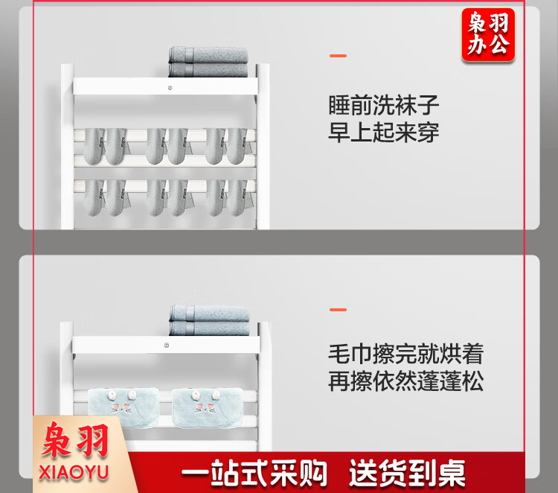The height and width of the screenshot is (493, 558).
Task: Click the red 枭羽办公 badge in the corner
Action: point(488,35)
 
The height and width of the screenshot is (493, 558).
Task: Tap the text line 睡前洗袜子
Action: point(383,105)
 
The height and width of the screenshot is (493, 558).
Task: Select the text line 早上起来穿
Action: point(383,132)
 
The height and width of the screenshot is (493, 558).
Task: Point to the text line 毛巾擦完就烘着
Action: point(405,354)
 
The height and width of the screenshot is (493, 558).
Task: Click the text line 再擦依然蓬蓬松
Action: point(405,381)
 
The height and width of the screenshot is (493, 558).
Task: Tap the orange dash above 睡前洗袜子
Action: point(338,56)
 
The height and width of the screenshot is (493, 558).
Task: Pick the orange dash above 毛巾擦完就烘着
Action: point(338,310)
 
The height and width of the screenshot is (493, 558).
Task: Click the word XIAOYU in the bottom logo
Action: point(74,472)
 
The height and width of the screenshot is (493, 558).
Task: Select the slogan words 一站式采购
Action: point(254,472)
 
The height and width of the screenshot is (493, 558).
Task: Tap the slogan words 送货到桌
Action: point(408,472)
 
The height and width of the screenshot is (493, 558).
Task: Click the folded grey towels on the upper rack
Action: point(208,62)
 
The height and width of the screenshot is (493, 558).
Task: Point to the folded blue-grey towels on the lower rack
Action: point(210,320)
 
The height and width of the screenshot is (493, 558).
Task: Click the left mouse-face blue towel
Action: point(123,407)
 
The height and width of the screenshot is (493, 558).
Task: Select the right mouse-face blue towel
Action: point(208,407)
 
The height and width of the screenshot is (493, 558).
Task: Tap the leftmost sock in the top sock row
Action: point(94,146)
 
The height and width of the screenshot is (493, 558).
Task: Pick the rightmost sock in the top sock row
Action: point(237,146)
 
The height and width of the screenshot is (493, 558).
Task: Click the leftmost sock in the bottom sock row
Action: point(94,197)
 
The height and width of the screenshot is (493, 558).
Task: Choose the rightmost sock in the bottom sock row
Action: point(237,197)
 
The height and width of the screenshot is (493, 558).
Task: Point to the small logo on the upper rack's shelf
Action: point(170,88)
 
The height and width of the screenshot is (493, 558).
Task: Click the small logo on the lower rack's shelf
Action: point(167,345)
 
